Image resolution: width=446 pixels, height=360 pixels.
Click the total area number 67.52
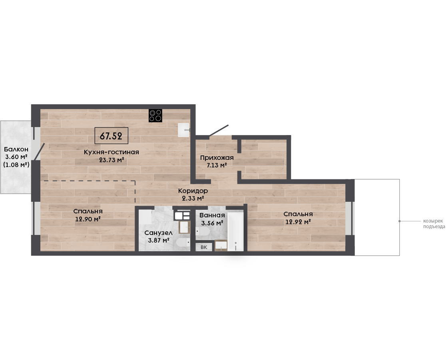click(111, 136)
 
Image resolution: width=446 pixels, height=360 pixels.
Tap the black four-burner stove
click(155, 116)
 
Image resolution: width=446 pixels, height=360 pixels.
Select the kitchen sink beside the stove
click(184, 130)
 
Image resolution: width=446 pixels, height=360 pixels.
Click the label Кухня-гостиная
click(111, 152)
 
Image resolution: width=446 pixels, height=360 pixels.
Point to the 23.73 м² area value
click(111, 160)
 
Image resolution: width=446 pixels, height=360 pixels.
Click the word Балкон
click(16, 149)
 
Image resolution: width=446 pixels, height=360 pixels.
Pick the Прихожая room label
click(217, 158)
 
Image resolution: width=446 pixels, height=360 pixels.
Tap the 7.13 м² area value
click(217, 165)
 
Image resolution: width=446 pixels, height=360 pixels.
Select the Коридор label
click(193, 191)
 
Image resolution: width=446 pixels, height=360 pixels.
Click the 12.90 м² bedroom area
click(88, 219)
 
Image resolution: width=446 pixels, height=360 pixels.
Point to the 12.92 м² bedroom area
click(298, 221)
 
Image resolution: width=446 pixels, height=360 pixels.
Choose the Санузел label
click(158, 233)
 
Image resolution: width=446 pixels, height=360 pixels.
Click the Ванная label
click(212, 215)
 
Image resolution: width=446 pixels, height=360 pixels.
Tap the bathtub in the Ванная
click(235, 231)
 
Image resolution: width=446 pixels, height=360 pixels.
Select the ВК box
click(204, 247)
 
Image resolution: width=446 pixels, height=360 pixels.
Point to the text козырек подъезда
click(434, 224)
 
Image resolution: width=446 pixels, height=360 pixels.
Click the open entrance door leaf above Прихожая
click(219, 131)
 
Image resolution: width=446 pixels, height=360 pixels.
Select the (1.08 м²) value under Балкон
click(16, 164)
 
